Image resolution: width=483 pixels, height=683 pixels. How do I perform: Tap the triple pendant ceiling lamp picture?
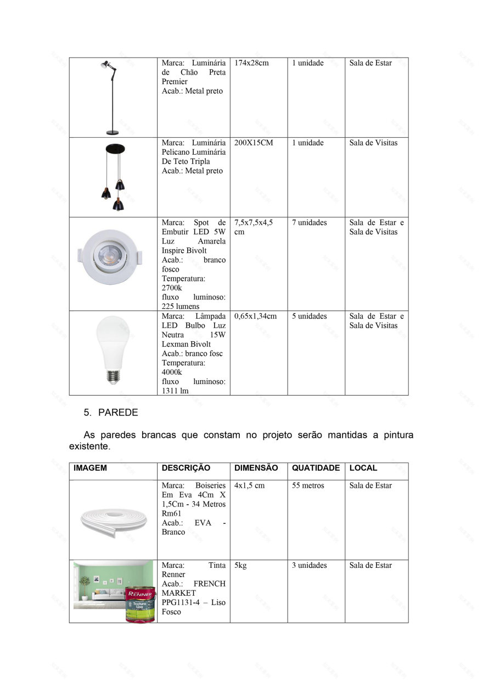[x=114, y=177]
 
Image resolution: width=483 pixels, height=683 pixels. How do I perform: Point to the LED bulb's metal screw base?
[x=113, y=377]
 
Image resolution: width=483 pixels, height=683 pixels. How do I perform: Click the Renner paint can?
[x=141, y=605]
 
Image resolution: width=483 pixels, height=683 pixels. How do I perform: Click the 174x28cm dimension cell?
[x=252, y=63]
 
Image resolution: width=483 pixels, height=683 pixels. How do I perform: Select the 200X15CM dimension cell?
[x=254, y=143]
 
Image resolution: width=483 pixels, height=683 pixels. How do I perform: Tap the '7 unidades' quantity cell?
[x=309, y=223]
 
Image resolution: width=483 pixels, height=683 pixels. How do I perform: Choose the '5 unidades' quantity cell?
[x=309, y=317]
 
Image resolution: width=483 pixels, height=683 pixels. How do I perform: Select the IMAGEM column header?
[x=91, y=468]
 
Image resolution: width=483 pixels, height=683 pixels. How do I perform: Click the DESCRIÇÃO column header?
[x=186, y=468]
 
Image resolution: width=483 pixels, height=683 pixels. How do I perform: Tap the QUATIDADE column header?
[x=316, y=468]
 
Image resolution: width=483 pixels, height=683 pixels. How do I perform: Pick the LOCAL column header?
[x=363, y=468]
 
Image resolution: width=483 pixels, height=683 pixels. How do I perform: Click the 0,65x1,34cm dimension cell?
[x=255, y=317]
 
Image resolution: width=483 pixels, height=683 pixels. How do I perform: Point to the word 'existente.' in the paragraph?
[x=89, y=447]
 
